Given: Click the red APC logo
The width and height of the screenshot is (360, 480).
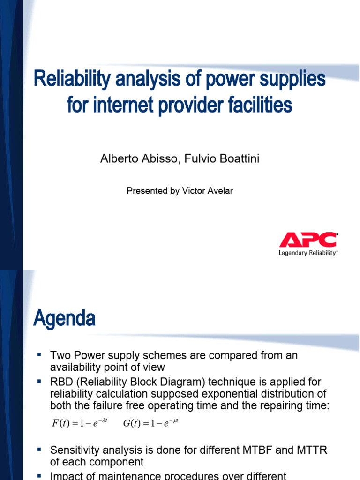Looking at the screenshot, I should point(308,240).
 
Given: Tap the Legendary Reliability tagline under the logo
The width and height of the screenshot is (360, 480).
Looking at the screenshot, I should point(307,253).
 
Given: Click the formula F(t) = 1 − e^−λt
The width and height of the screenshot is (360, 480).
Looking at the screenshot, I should point(79,424).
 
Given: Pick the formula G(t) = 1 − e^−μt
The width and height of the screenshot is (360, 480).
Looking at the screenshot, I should point(151,424).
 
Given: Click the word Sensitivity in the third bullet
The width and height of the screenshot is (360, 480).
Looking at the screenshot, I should point(75,450).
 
